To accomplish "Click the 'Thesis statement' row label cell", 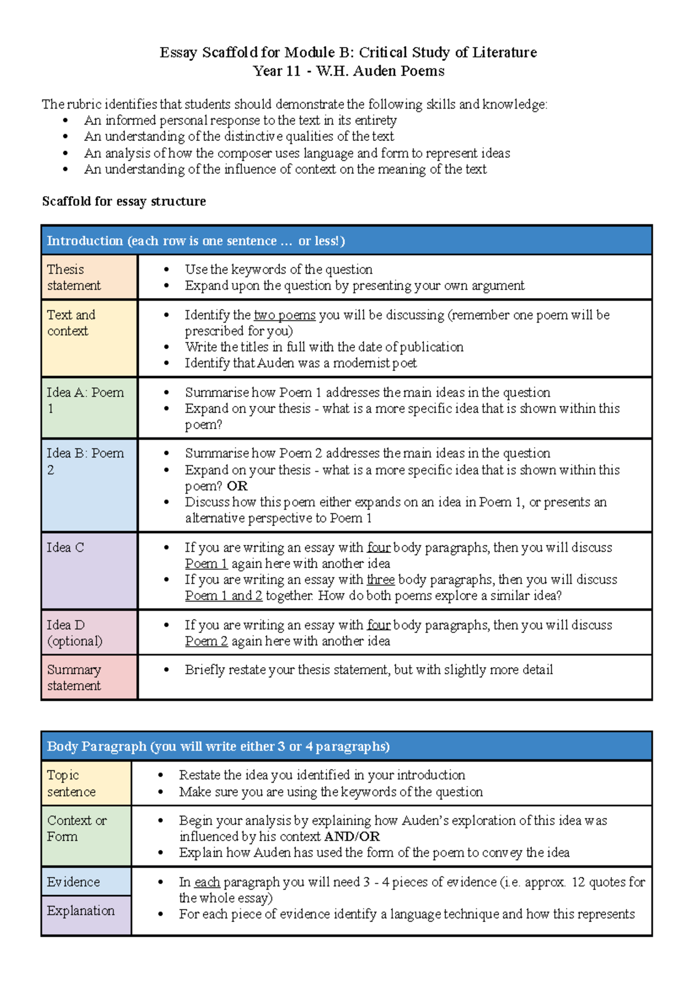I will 89,277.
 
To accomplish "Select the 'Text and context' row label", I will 89,338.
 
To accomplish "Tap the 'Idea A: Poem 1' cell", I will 89,408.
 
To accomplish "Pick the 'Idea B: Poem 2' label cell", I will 89,485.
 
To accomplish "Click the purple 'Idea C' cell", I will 89,571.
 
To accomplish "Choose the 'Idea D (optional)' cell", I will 89,632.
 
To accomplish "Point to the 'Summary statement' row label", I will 89,677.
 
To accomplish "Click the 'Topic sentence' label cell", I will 86,783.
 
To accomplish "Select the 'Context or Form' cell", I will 86,836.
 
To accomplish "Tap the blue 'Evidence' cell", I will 86,882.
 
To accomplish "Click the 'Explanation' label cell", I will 86,915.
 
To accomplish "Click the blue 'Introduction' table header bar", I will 346,241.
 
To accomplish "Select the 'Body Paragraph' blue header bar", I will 346,747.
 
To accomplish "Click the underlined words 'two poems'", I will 285,315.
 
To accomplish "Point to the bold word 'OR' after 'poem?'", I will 237,486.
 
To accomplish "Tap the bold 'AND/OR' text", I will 352,836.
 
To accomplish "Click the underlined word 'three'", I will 380,580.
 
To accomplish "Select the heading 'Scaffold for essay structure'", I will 124,201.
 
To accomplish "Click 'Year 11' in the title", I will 277,71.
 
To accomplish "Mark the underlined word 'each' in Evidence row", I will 207,882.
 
